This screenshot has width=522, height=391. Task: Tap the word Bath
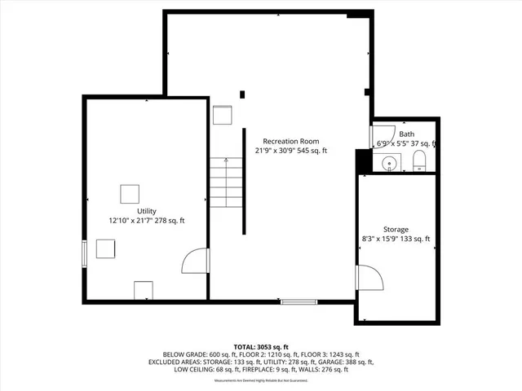(406, 134)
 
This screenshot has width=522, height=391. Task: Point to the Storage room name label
(396, 230)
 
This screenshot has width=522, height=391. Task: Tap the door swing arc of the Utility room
(195, 262)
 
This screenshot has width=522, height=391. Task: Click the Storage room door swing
(369, 279)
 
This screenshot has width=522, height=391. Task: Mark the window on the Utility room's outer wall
(83, 253)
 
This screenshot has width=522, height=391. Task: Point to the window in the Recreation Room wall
(300, 302)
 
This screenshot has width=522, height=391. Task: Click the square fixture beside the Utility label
(130, 194)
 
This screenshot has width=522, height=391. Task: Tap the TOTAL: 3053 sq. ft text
(260, 346)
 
